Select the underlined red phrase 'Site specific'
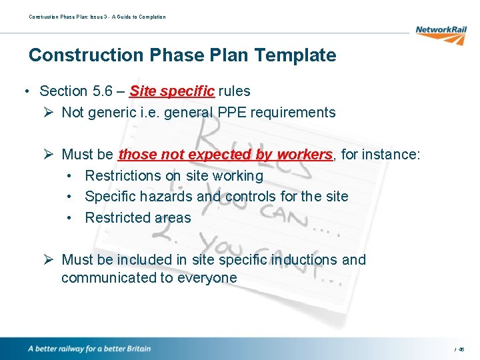pyautogui.click(x=172, y=91)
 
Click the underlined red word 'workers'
pyautogui.click(x=305, y=155)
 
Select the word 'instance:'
pyautogui.click(x=393, y=155)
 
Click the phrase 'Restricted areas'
pyautogui.click(x=138, y=218)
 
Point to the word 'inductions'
pyautogui.click(x=304, y=260)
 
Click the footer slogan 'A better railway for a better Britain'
pyautogui.click(x=89, y=349)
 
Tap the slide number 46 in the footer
pyautogui.click(x=461, y=349)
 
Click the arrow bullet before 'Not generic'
pyautogui.click(x=47, y=112)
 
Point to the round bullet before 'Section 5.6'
pyautogui.click(x=25, y=91)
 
